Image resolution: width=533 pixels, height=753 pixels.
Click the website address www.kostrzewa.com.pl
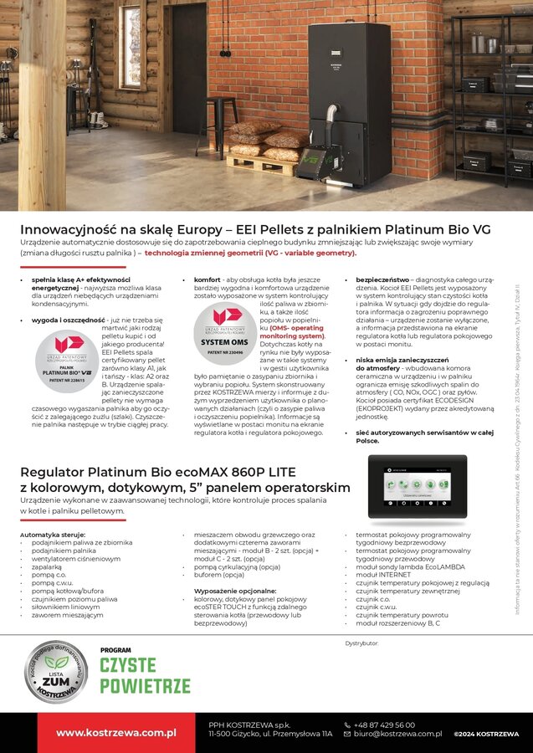coord(115,733)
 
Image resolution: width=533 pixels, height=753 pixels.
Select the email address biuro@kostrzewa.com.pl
coord(397,734)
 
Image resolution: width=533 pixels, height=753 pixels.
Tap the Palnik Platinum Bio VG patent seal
coord(66,360)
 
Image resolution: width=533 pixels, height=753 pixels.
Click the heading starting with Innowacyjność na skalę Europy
coord(255,229)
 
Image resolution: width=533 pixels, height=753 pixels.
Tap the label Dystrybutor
coord(362,643)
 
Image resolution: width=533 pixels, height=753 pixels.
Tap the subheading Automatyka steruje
coord(52,533)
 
